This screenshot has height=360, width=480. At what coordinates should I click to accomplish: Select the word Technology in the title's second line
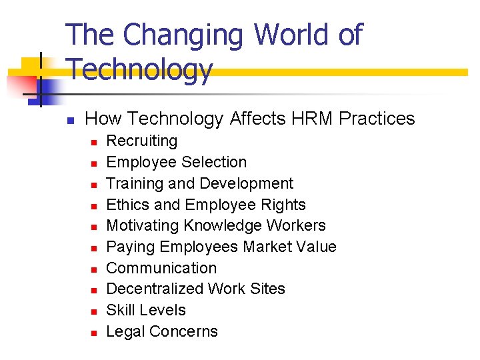pyautogui.click(x=140, y=69)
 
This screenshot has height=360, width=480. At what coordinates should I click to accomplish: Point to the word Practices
pyautogui.click(x=377, y=119)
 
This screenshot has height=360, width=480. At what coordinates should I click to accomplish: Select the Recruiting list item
pyautogui.click(x=142, y=141)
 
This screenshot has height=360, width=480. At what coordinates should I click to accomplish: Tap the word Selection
pyautogui.click(x=214, y=162)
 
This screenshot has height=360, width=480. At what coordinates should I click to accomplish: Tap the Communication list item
pyautogui.click(x=161, y=268)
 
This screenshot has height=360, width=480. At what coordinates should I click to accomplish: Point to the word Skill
pyautogui.click(x=121, y=310)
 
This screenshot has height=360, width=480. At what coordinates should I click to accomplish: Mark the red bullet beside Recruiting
pyautogui.click(x=95, y=142)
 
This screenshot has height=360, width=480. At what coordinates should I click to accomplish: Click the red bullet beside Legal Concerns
pyautogui.click(x=95, y=332)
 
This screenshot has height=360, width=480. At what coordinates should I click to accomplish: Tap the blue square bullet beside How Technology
pyautogui.click(x=69, y=121)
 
